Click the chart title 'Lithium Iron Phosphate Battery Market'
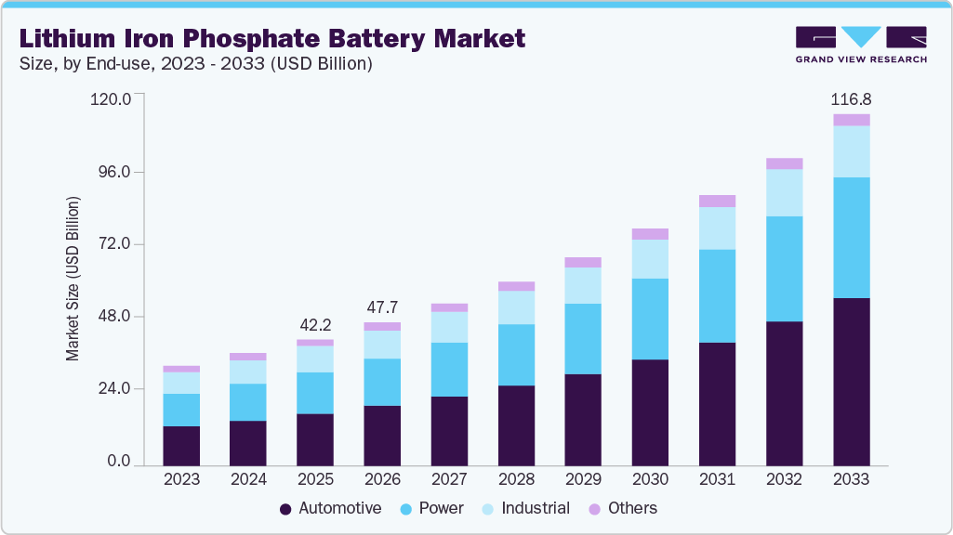point(271,39)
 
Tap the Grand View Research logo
point(860,44)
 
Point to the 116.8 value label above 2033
point(851,98)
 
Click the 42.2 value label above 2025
point(315,325)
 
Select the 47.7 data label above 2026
point(382,307)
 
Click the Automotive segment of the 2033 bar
point(851,381)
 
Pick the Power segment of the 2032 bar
point(784,268)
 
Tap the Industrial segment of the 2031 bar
point(717,228)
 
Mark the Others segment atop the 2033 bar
point(851,120)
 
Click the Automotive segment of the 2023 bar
point(181,445)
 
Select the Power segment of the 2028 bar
point(516,355)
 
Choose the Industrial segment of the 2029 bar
point(583,285)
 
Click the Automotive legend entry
point(330,508)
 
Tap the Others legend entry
point(623,508)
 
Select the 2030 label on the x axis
point(650,479)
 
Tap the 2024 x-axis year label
point(248,479)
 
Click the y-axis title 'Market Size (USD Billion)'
point(73,279)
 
